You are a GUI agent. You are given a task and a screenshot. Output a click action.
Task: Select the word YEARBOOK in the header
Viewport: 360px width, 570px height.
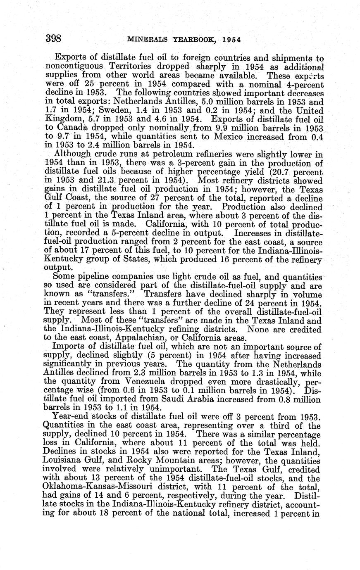[193, 40]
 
